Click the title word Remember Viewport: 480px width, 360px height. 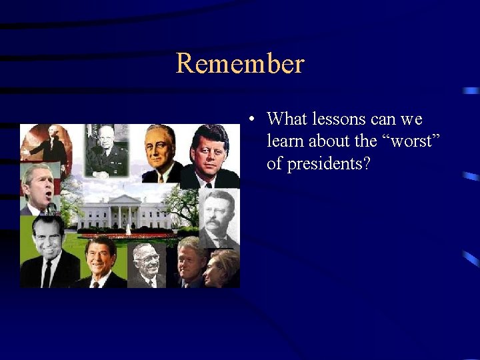[240, 64]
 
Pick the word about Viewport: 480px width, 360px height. [337, 142]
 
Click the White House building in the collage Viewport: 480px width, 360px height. [127, 213]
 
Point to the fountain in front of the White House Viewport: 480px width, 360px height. [127, 229]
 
